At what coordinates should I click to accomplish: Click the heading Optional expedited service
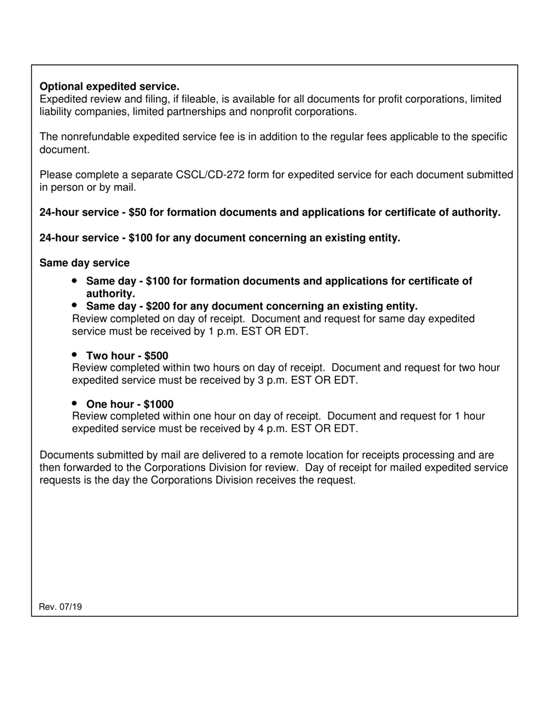pos(109,86)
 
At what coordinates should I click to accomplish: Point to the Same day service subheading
pos(85,263)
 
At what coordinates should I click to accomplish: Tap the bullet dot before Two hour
pos(75,355)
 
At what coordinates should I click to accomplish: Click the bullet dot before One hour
pos(75,403)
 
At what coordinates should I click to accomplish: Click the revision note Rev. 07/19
pos(60,607)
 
